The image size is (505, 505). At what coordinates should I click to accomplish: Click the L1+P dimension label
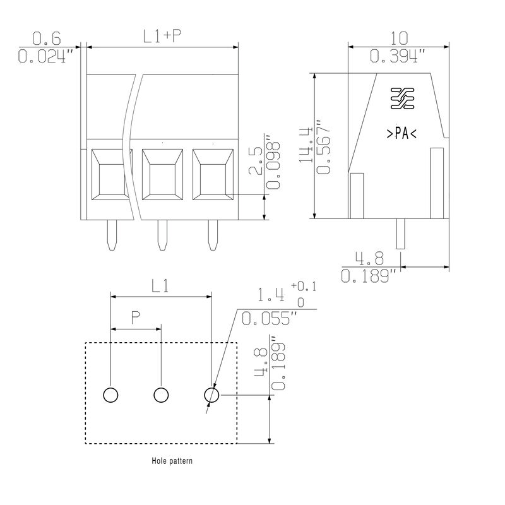point(162,37)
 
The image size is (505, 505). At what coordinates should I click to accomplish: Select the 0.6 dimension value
point(46,39)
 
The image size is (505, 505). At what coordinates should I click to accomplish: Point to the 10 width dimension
point(399,39)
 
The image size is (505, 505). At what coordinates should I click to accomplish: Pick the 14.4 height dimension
point(306,145)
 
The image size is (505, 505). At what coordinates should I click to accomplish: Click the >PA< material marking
point(401,133)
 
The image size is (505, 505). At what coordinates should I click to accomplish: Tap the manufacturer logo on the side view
point(402,98)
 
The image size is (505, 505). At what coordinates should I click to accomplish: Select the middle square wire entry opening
point(162,174)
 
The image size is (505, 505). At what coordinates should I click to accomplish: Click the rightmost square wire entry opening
point(213,174)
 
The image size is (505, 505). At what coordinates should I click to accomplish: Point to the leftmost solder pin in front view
point(112,235)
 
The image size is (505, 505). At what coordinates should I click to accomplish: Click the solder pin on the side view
point(400,234)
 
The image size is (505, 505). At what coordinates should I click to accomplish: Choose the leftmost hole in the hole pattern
point(110,395)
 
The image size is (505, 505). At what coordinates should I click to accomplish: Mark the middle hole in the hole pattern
point(161,395)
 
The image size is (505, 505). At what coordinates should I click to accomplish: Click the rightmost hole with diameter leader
point(211,395)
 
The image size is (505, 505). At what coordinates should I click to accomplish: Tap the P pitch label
point(136,318)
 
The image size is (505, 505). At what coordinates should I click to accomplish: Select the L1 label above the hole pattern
point(160,286)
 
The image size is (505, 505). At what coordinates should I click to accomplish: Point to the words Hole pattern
point(172,461)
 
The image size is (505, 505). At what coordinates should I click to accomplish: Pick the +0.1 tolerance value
point(304,286)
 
